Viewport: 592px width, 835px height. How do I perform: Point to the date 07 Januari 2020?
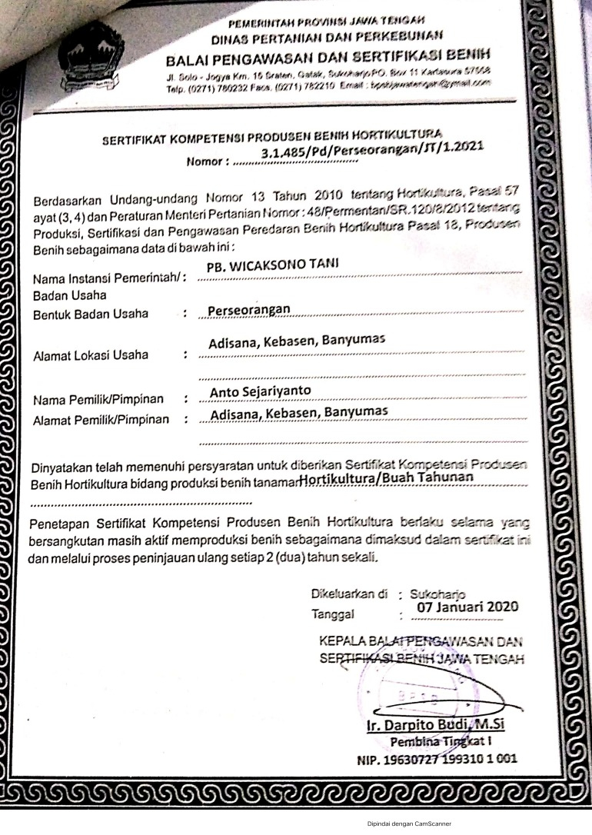tap(467, 606)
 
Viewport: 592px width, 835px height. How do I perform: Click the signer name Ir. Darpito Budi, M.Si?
tap(437, 724)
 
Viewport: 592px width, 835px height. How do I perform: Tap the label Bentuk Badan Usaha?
tap(91, 314)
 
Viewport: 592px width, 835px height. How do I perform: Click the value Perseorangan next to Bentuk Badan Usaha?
tap(248, 309)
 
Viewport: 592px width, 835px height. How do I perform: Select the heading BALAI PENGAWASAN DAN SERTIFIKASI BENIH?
tap(327, 56)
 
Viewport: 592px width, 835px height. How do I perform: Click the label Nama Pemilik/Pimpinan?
tap(98, 400)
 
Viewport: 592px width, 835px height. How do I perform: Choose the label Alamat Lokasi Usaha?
tap(91, 355)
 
